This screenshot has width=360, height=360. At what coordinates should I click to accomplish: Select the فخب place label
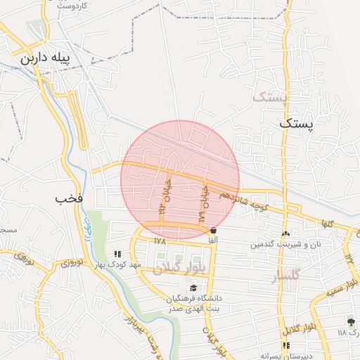(x=70, y=199)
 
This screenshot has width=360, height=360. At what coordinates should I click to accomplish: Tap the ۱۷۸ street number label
(x=160, y=240)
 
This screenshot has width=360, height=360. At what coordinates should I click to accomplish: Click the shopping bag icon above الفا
(x=212, y=231)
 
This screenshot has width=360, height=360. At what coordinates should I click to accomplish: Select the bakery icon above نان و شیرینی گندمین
(x=285, y=233)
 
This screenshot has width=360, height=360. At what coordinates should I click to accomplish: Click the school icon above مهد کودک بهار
(x=117, y=253)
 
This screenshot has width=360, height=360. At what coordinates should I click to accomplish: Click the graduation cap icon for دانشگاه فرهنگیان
(x=192, y=288)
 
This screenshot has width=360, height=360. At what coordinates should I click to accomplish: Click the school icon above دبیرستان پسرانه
(x=285, y=345)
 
